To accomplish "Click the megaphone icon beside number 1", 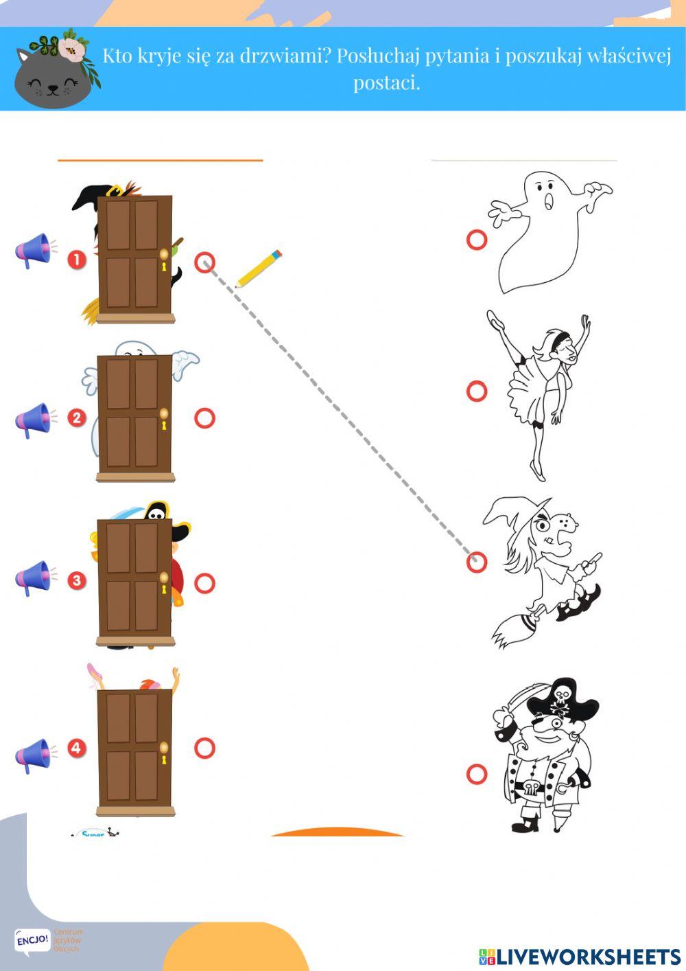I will click(x=33, y=251).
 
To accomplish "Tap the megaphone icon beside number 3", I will click(x=33, y=578).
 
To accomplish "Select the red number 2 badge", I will click(x=76, y=418).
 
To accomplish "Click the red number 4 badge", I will click(x=76, y=748).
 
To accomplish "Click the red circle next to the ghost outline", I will click(x=477, y=240).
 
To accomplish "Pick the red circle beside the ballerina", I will click(x=477, y=391).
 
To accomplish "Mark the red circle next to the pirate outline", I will click(x=477, y=774).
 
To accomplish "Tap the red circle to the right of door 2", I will click(x=204, y=418).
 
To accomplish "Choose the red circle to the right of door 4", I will click(x=204, y=748).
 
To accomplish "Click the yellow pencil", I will click(x=259, y=269).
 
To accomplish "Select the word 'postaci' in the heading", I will click(x=386, y=83).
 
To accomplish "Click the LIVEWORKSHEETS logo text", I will click(x=580, y=957).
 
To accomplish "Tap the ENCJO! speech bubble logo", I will click(x=32, y=939).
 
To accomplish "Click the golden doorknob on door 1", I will click(x=163, y=255).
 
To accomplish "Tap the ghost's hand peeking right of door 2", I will click(x=184, y=361).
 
